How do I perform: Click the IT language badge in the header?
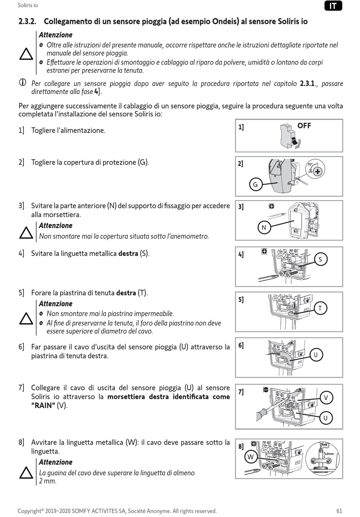tap(333, 6)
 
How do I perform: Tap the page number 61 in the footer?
tap(339, 511)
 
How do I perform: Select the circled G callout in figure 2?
tap(255, 185)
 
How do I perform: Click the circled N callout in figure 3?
tap(264, 227)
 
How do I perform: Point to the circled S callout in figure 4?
tap(320, 259)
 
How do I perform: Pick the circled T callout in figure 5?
tap(320, 308)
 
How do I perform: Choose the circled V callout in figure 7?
tap(326, 398)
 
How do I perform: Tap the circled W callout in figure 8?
tap(250, 457)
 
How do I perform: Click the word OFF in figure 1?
tap(304, 126)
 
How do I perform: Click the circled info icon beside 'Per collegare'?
tap(23, 83)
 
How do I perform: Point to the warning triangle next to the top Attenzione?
tap(26, 55)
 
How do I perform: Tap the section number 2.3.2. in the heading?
tap(27, 22)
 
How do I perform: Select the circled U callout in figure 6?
tap(316, 355)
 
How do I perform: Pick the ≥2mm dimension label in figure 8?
tap(329, 453)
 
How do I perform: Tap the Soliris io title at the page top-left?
tap(28, 5)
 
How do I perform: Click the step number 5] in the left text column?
tap(21, 293)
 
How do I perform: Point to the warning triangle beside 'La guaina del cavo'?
tap(26, 473)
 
